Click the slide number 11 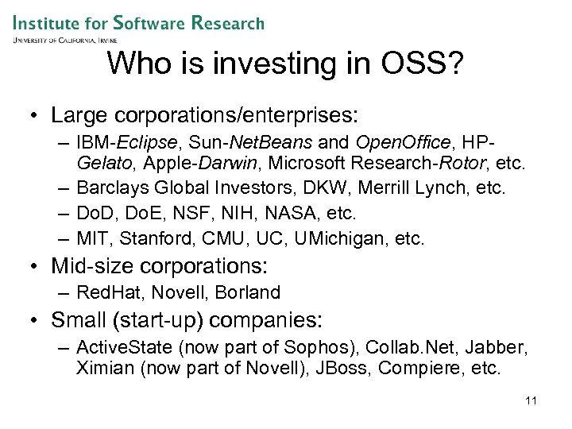tap(531, 400)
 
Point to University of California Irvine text tap(65, 39)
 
